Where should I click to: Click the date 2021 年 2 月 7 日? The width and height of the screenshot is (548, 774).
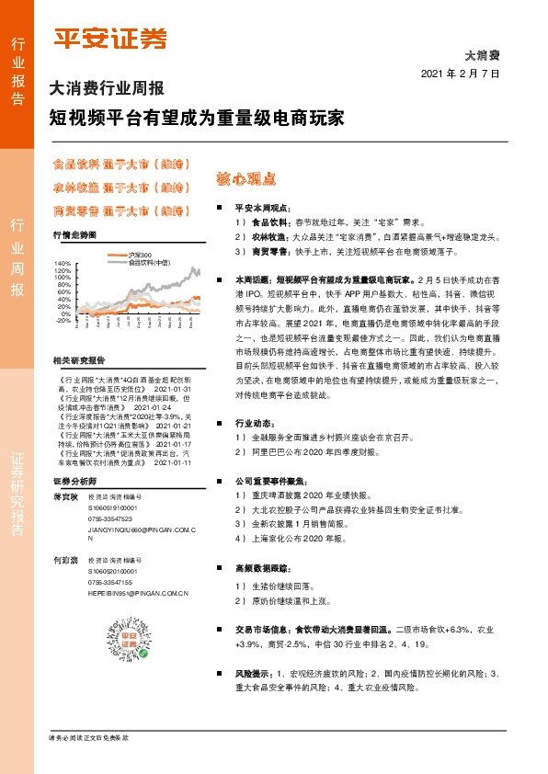click(x=460, y=74)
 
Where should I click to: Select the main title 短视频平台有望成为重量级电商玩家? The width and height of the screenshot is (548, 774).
click(x=197, y=119)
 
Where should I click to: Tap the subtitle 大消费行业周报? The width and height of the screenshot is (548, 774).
click(x=107, y=90)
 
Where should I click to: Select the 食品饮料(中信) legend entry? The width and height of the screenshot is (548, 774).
click(x=147, y=262)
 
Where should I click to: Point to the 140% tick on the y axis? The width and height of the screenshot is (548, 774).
click(x=63, y=264)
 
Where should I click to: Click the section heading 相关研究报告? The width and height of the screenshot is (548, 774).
click(x=79, y=359)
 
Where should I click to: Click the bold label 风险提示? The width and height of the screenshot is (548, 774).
click(x=253, y=674)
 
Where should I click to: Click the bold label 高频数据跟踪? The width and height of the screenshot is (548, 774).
click(x=262, y=569)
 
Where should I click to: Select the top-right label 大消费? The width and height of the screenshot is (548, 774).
click(x=481, y=55)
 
